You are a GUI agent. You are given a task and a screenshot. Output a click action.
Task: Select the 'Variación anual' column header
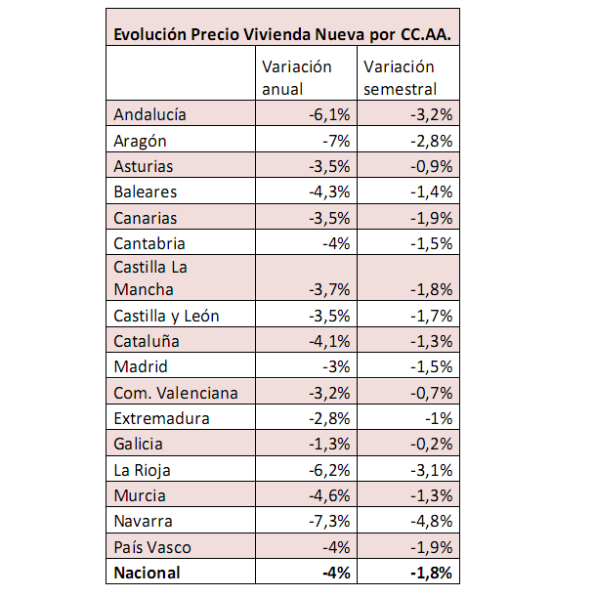(297, 77)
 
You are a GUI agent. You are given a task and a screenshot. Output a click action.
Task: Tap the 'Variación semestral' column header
(400, 77)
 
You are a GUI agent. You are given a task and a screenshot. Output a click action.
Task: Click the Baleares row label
(146, 192)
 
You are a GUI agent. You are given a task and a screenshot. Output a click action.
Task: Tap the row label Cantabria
(149, 244)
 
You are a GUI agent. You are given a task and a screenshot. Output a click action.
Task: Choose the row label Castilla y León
(166, 316)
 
